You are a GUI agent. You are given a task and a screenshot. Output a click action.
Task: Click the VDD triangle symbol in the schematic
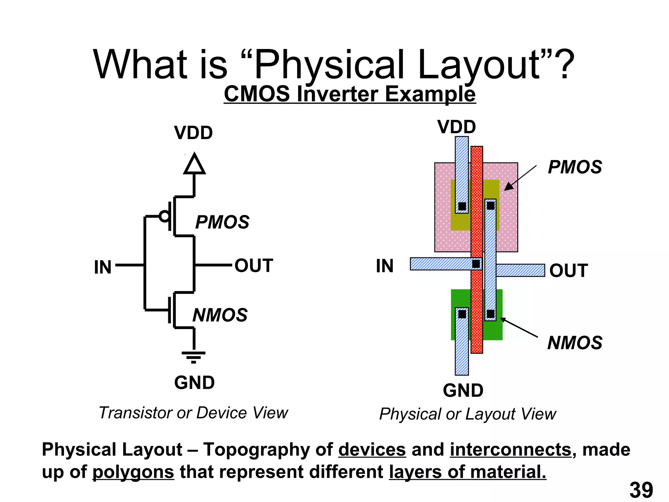click(x=194, y=164)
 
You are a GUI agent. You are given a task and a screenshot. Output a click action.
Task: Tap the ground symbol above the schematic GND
click(x=194, y=357)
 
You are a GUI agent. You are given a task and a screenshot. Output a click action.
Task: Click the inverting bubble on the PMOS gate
click(x=164, y=216)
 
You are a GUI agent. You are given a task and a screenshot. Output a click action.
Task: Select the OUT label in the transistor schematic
click(x=254, y=265)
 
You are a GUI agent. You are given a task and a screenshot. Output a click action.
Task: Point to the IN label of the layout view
click(x=384, y=266)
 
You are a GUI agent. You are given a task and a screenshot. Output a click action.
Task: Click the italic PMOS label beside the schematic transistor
click(x=222, y=222)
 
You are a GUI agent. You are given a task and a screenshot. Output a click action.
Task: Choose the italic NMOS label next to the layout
click(x=575, y=343)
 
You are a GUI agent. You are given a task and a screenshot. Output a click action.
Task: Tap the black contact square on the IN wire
click(x=476, y=264)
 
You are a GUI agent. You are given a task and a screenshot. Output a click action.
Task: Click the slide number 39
click(x=641, y=490)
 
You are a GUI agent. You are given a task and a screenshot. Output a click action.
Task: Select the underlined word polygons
click(x=133, y=472)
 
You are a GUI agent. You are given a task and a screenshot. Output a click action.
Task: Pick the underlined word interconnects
click(x=511, y=450)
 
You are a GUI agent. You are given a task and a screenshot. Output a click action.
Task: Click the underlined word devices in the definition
click(x=372, y=450)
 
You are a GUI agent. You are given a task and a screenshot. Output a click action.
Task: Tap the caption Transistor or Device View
click(x=193, y=413)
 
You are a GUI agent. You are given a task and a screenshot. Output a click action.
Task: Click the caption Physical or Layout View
click(x=467, y=414)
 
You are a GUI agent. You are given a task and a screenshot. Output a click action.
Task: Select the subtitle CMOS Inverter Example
click(x=350, y=94)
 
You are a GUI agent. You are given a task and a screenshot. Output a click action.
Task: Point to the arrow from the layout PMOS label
click(x=521, y=178)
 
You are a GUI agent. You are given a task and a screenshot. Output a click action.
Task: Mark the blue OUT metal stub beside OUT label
click(x=520, y=270)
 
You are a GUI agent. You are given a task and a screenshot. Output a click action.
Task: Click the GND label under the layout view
click(x=463, y=391)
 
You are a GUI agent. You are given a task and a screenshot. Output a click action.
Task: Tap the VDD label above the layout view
click(x=456, y=127)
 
